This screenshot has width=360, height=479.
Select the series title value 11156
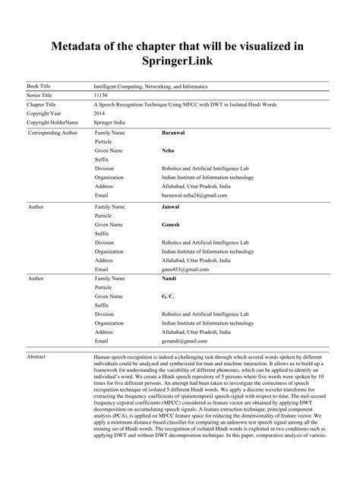100,96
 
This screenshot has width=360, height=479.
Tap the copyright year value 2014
99,112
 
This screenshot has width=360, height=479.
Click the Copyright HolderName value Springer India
112,121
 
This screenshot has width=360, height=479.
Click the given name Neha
169,150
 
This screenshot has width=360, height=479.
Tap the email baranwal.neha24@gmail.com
194,194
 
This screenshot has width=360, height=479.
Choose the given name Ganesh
171,225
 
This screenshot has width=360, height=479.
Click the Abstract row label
37,355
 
